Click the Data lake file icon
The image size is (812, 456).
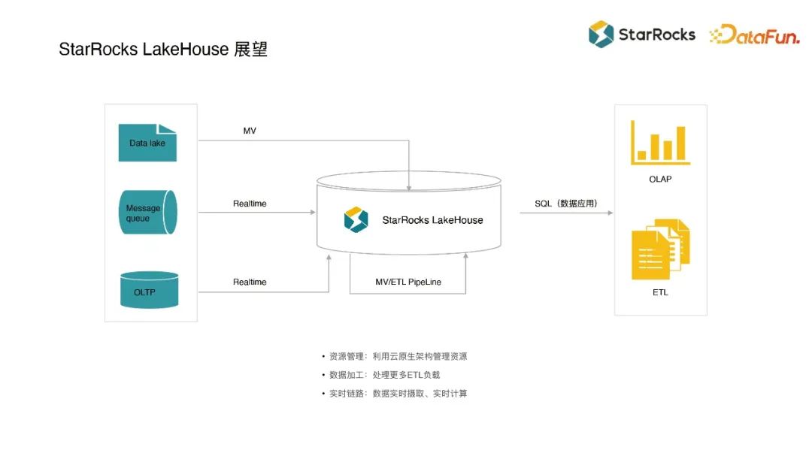point(147,143)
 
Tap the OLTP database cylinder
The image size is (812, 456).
point(150,290)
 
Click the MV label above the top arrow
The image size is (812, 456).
point(250,131)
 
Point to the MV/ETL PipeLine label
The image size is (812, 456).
point(408,282)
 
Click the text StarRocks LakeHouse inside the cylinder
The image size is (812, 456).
point(432,220)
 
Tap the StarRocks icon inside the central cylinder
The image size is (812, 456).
point(356,219)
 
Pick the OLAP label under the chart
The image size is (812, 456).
point(660,180)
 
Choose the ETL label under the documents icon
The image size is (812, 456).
point(660,292)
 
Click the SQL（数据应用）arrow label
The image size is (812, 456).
point(566,204)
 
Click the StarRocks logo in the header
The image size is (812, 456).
point(641,34)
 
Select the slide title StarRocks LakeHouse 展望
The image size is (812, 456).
point(163,50)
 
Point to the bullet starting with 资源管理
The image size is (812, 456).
point(398,357)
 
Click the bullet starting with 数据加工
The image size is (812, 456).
point(385,375)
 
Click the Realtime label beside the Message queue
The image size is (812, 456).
point(250,204)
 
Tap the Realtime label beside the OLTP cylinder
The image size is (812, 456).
point(250,282)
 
